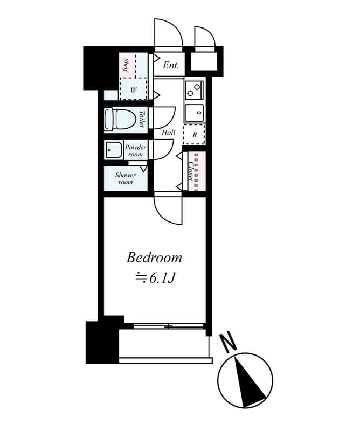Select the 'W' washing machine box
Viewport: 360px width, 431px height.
coord(133,89)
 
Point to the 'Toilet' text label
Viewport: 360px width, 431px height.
coord(141,119)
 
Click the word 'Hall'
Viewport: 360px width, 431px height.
coord(168,132)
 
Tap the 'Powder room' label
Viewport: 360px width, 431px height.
coord(135,151)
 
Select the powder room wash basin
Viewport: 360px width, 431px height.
coord(114,149)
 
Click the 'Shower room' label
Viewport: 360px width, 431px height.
coord(125,178)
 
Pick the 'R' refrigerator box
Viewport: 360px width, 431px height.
coord(194,135)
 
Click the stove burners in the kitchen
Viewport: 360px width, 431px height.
coord(194,89)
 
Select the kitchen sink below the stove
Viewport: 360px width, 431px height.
coord(195,113)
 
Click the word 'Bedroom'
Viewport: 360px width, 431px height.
coord(154,258)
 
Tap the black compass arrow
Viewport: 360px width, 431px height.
coord(248,380)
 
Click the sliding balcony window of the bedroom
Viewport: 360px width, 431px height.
coord(168,326)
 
